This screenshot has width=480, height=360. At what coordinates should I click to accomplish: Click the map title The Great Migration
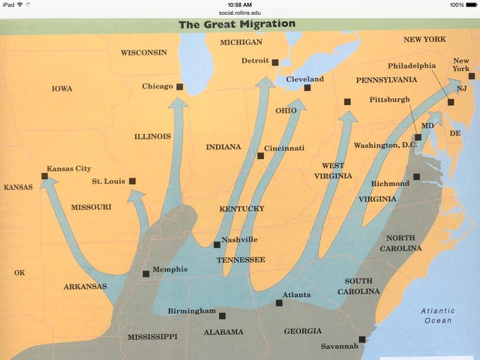(x=237, y=24)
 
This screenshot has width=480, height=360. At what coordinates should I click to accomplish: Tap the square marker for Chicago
(x=180, y=87)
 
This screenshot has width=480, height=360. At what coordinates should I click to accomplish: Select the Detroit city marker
(x=275, y=62)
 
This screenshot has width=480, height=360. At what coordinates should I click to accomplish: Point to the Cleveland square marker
(x=307, y=88)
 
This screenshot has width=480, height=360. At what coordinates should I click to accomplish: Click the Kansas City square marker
(x=45, y=177)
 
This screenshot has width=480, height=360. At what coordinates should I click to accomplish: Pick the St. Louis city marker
(x=133, y=181)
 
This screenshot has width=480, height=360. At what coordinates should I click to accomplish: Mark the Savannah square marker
(x=361, y=339)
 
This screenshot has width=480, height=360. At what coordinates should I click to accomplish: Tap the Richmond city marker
(x=416, y=178)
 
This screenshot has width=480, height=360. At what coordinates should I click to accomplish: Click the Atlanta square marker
(x=279, y=303)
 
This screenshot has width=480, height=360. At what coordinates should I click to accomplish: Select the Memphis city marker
(x=145, y=274)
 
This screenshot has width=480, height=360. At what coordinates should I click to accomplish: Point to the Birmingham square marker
(x=222, y=313)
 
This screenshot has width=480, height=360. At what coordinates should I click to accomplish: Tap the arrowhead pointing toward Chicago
(x=178, y=104)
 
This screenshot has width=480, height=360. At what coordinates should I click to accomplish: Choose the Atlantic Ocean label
(x=437, y=316)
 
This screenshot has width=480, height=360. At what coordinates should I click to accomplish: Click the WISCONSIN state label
(x=143, y=52)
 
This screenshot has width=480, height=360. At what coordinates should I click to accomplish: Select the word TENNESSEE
(x=241, y=259)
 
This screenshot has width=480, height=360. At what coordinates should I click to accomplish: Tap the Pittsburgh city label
(x=390, y=99)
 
